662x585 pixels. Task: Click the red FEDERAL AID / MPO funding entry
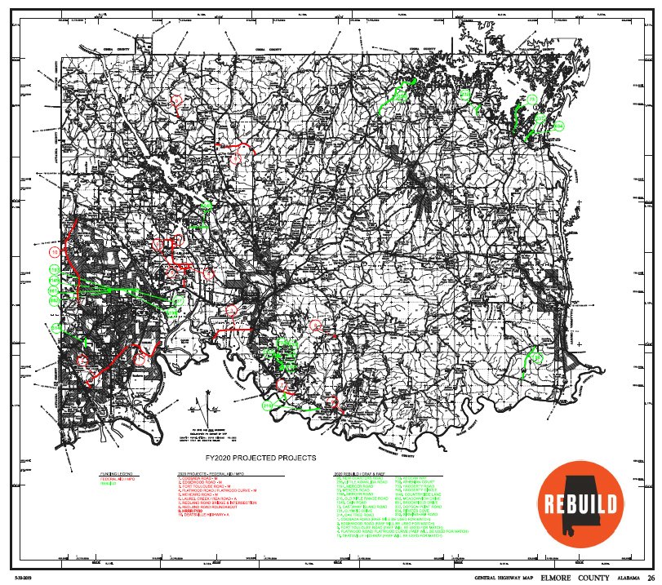pos(115,479)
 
